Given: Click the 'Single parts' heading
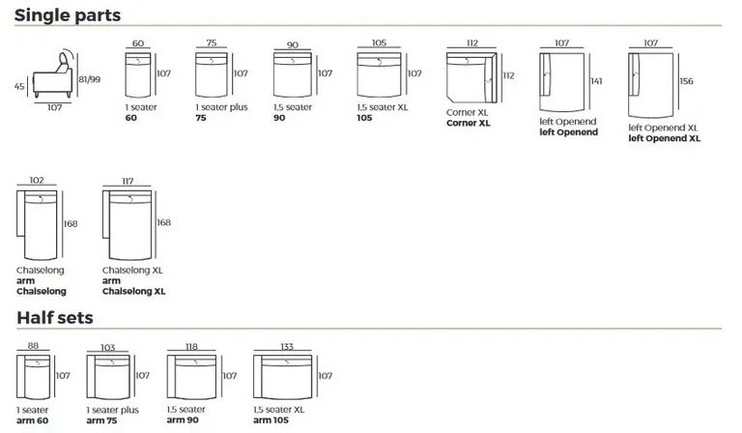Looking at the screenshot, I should [67, 14].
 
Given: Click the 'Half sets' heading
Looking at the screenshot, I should [54, 317].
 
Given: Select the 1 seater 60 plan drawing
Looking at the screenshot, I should [138, 73].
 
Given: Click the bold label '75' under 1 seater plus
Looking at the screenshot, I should [201, 118].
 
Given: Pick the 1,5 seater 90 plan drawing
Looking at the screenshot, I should [293, 73].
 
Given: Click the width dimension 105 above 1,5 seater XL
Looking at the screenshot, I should [378, 43].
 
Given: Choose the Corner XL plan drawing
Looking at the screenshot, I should [471, 76].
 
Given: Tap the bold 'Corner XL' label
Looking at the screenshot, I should [469, 123].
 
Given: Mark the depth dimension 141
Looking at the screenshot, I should [595, 81].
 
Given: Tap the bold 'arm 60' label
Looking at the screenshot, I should [33, 420].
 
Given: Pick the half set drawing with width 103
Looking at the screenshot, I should [107, 378].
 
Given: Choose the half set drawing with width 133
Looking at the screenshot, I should [284, 378].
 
